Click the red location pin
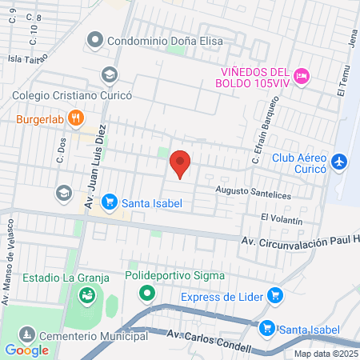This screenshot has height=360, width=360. (181, 165)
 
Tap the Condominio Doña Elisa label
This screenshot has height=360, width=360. (165, 38)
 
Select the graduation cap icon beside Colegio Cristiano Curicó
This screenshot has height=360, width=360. (109, 75)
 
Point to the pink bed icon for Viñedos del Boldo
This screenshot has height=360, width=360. (301, 76)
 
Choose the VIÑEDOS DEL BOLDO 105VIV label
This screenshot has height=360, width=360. (254, 76)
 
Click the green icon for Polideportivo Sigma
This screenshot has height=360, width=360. (146, 293)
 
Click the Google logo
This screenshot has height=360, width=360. (26, 350)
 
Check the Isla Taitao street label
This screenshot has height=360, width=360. (27, 58)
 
